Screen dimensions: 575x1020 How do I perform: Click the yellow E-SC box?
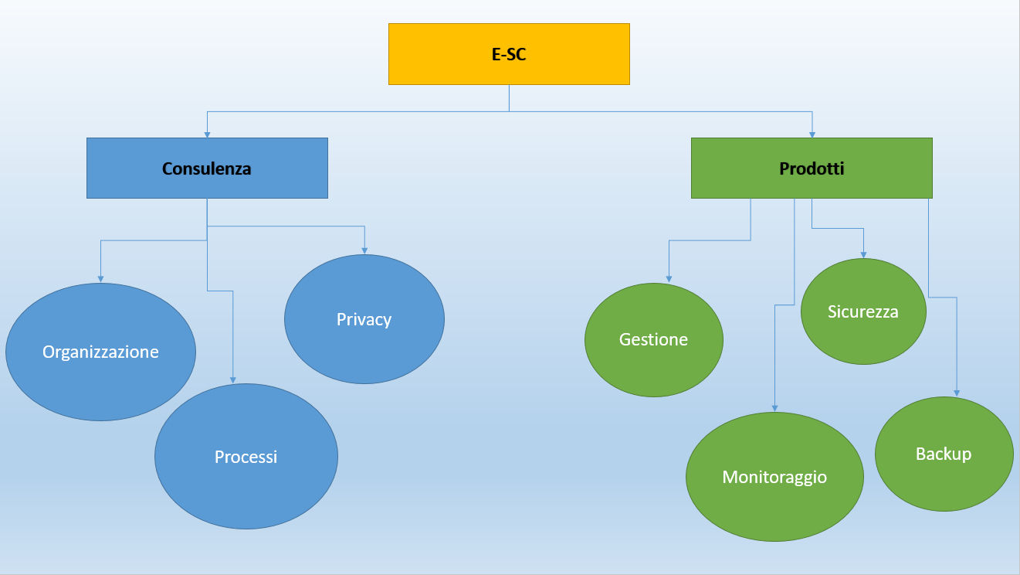(x=509, y=53)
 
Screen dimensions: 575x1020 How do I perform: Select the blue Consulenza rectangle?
(x=207, y=168)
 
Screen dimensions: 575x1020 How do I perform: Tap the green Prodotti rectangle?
(x=812, y=168)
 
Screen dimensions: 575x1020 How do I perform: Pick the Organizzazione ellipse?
(x=100, y=352)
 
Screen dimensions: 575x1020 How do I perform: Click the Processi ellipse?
(x=246, y=456)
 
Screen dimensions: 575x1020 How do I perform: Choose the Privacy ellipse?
(x=364, y=318)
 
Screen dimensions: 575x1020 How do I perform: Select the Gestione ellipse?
(x=653, y=339)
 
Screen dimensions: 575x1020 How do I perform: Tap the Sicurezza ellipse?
(x=862, y=311)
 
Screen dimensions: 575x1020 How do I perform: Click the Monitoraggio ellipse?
(x=774, y=477)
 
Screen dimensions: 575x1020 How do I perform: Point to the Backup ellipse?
(x=943, y=454)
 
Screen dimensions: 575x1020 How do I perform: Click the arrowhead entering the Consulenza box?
(x=207, y=134)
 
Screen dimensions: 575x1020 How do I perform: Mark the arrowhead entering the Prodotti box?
(x=812, y=134)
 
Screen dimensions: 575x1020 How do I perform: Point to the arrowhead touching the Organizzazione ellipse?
(x=100, y=279)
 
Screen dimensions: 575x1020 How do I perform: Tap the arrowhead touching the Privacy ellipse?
(x=364, y=250)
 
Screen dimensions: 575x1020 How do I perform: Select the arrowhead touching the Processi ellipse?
(x=233, y=379)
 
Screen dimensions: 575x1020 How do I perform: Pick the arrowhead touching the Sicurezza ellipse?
(x=862, y=254)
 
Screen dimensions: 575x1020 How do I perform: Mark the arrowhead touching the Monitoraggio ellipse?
(x=774, y=408)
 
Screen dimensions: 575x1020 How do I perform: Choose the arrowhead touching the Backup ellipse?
(x=957, y=393)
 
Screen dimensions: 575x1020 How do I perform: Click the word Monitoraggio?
(x=774, y=477)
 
